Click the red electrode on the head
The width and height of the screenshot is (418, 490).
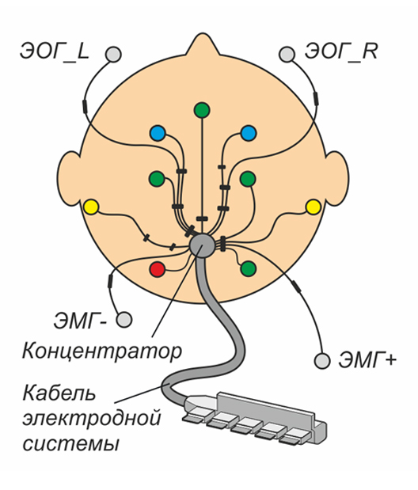(x=157, y=269)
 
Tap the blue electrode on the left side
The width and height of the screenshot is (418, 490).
(x=157, y=134)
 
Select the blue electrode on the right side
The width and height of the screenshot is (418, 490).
(x=249, y=133)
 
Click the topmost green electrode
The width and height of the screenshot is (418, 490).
(x=202, y=110)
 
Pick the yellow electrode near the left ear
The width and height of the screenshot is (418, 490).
(x=91, y=207)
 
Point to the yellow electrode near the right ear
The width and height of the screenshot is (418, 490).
(x=313, y=207)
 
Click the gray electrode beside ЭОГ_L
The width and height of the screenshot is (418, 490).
(x=113, y=54)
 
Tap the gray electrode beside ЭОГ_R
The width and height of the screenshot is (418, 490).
(x=287, y=54)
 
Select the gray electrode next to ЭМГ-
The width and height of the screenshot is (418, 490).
(x=124, y=320)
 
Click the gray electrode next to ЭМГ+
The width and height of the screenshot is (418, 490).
(x=322, y=361)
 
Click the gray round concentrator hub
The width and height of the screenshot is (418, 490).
(x=203, y=245)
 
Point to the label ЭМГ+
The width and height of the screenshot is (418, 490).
(x=367, y=360)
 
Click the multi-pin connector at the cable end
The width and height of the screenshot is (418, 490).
(x=255, y=418)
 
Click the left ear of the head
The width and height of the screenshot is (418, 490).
(x=70, y=178)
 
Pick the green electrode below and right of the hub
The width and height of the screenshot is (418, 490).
(x=249, y=268)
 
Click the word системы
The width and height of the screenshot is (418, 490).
(x=71, y=444)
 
